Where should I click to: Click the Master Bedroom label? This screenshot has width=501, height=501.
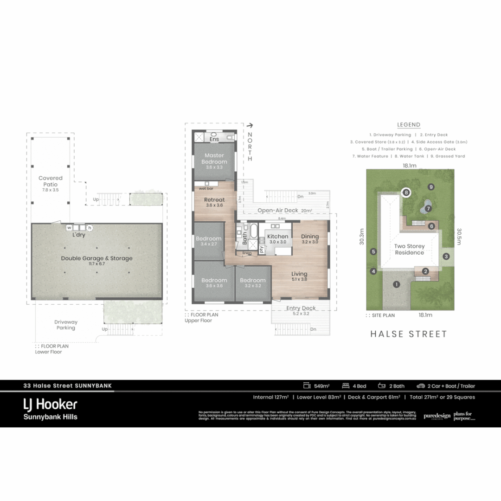pos(214,159)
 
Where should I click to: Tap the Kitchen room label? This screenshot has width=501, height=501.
pos(277,237)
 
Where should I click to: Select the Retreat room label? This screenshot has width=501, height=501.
pos(214,200)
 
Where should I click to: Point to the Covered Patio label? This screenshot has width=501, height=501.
pos(51,181)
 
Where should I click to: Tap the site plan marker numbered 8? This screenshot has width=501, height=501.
pos(406,192)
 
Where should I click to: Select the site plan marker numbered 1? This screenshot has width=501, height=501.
pos(396,284)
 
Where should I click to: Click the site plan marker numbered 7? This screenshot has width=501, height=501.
pos(428,209)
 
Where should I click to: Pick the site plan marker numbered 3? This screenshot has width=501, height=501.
pos(446,256)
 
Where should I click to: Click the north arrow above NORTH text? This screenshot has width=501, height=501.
pos(250,125)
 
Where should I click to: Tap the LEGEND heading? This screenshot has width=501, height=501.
pos(409,125)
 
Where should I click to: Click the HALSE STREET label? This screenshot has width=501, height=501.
pos(408,334)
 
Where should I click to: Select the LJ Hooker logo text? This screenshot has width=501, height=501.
pos(50,405)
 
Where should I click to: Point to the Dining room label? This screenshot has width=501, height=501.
pos(310,237)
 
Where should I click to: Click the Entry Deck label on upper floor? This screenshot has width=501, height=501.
pos(301,308)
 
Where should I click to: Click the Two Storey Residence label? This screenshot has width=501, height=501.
pos(409,250)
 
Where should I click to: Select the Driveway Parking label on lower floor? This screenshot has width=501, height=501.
pos(66,325)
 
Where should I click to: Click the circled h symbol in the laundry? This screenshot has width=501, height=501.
pos(90,228)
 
